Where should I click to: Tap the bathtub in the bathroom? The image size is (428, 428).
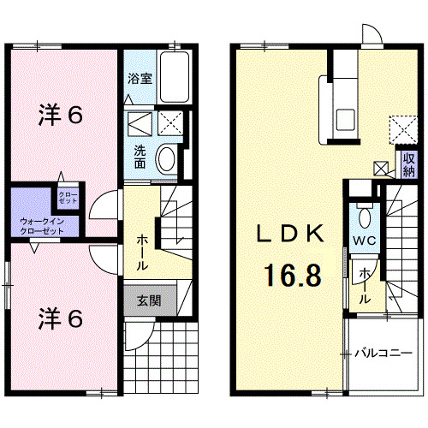(177, 79)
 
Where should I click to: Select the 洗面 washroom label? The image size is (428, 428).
(140, 157)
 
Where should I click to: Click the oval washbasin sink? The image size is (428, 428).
(168, 158)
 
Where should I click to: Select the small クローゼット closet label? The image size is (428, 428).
(68, 198)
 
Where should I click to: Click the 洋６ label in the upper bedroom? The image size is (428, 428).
(61, 116)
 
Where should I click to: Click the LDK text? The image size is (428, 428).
(291, 234)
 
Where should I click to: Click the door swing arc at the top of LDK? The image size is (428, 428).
(371, 33)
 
